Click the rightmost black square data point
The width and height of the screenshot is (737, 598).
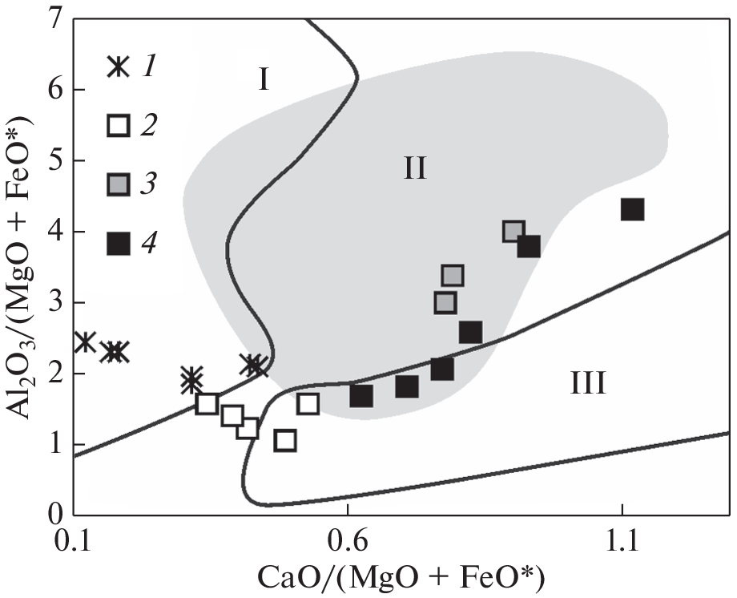[632, 210]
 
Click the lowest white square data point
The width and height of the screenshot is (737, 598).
[285, 440]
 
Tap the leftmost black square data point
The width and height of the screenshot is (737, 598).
[361, 395]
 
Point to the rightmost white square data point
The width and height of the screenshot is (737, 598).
[308, 404]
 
